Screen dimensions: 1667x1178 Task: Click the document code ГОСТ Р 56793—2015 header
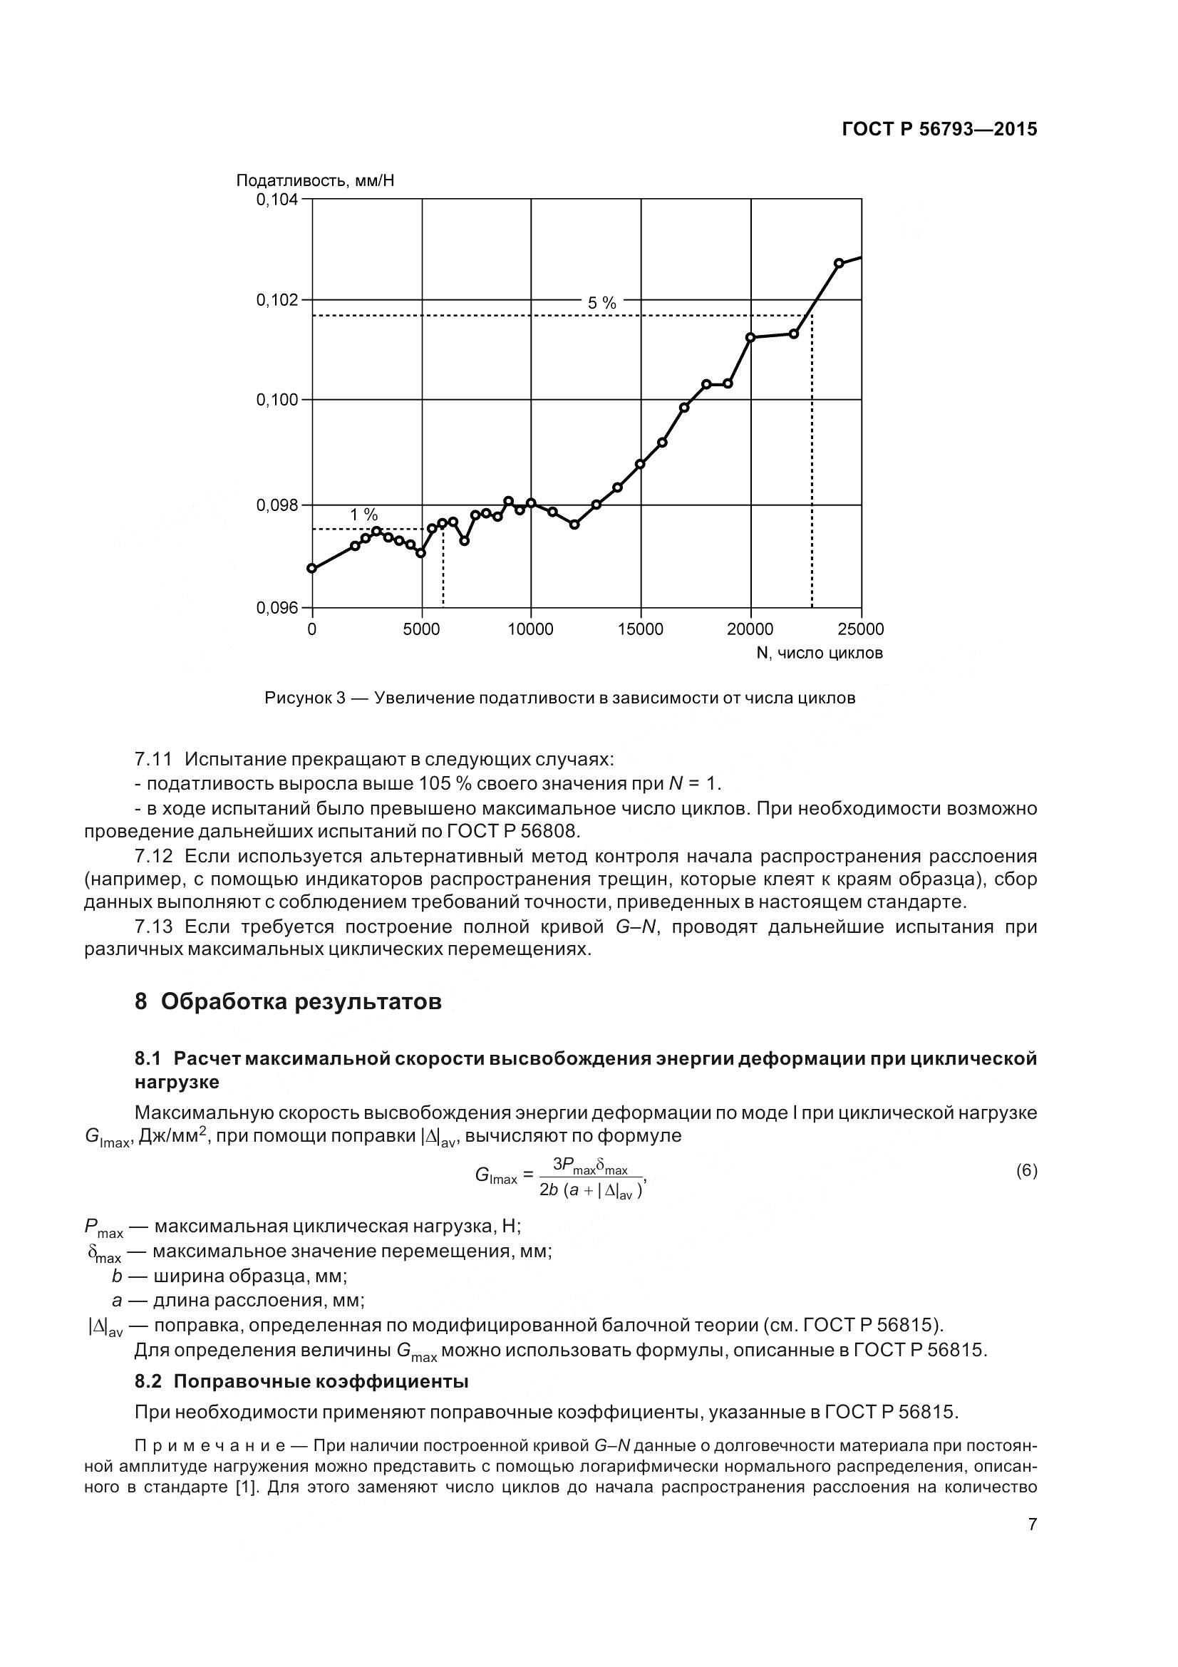click(x=939, y=129)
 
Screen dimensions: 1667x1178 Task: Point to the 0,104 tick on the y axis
click(x=277, y=199)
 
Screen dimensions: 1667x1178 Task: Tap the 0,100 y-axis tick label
click(x=277, y=400)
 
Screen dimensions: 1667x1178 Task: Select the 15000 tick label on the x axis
click(x=640, y=629)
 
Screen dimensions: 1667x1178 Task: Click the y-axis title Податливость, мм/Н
click(x=315, y=180)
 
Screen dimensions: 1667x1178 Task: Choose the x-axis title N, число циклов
click(x=819, y=654)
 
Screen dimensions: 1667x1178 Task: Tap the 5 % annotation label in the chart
click(x=601, y=304)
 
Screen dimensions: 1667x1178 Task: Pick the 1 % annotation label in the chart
click(x=363, y=515)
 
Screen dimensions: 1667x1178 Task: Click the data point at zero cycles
click(x=312, y=569)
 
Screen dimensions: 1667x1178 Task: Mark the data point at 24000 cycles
click(x=839, y=263)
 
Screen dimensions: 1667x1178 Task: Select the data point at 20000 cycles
click(x=750, y=337)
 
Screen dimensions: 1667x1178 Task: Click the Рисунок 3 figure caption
click(x=559, y=698)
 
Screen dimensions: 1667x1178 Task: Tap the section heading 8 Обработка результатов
click(x=288, y=1002)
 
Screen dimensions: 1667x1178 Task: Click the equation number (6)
click(x=1025, y=1170)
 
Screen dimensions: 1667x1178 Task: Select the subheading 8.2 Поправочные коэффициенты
click(x=301, y=1382)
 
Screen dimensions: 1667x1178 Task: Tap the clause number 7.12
click(x=153, y=856)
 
